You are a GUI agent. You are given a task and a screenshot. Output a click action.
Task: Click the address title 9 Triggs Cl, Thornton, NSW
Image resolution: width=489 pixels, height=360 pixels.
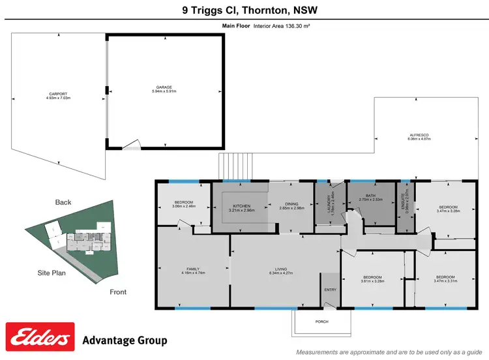click(244, 10)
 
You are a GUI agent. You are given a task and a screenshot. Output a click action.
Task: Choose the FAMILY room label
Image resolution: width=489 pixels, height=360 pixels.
click(193, 268)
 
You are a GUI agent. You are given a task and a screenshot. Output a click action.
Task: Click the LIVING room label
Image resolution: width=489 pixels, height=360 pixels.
click(285, 268)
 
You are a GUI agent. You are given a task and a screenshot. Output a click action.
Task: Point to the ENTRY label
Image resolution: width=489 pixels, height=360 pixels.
click(329, 290)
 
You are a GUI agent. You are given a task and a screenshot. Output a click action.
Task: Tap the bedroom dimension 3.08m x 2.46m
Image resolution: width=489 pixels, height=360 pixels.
click(183, 207)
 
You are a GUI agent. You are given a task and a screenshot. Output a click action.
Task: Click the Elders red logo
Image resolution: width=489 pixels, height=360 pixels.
click(40, 338)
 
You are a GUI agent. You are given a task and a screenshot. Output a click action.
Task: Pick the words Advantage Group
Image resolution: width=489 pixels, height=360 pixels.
click(125, 340)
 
